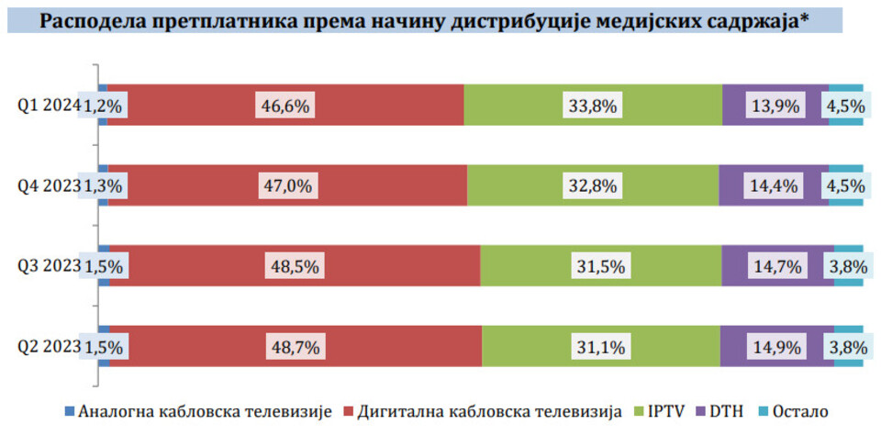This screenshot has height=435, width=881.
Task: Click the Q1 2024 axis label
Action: click(48, 106)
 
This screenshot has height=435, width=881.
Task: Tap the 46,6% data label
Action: click(284, 106)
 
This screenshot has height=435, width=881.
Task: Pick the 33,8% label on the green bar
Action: click(592, 106)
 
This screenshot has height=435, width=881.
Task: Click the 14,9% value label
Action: click(776, 347)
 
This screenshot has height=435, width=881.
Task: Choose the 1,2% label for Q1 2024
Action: click(103, 106)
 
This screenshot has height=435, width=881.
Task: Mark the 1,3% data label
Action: click(103, 186)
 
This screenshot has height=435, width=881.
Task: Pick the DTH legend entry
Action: click(723, 411)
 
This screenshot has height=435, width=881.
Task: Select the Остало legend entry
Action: click(797, 411)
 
